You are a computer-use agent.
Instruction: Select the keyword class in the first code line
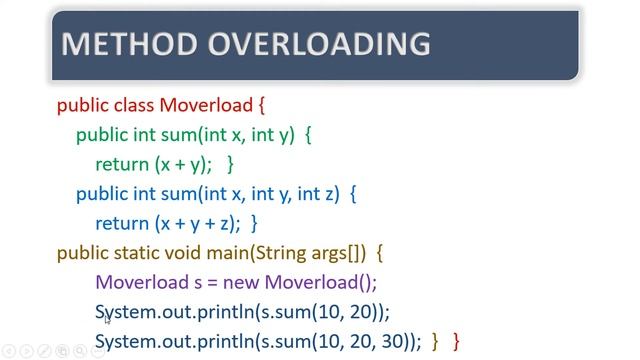pyautogui.click(x=132, y=104)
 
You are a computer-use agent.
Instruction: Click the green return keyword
pyautogui.click(x=122, y=164)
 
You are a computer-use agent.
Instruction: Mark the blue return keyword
pyautogui.click(x=122, y=223)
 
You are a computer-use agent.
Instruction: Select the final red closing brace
pyautogui.click(x=457, y=342)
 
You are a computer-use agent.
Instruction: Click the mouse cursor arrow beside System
pyautogui.click(x=107, y=319)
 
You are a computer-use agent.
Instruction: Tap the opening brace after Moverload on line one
pyautogui.click(x=261, y=104)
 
